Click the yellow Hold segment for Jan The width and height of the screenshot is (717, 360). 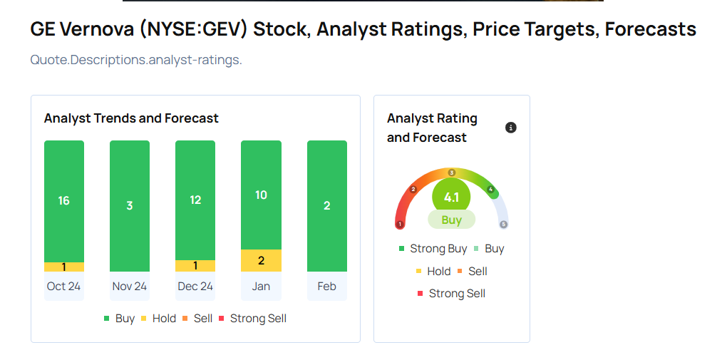(261, 260)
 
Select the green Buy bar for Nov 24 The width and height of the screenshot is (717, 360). (130, 205)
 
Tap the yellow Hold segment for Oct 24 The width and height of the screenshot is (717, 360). (64, 267)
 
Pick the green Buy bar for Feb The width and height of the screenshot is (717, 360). (326, 205)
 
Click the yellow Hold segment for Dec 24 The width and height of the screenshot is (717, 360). (195, 265)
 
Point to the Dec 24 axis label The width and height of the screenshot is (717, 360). (195, 286)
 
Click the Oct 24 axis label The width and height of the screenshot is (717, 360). (64, 286)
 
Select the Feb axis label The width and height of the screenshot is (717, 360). (326, 286)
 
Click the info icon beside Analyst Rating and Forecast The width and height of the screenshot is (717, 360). (510, 128)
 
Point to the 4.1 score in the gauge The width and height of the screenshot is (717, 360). (451, 197)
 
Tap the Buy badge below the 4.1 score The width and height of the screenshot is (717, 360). (451, 220)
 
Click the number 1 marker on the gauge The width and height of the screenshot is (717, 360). (400, 224)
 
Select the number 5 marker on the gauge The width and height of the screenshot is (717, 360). (503, 224)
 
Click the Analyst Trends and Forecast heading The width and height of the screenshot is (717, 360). (131, 118)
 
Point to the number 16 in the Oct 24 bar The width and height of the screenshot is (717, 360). (64, 200)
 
